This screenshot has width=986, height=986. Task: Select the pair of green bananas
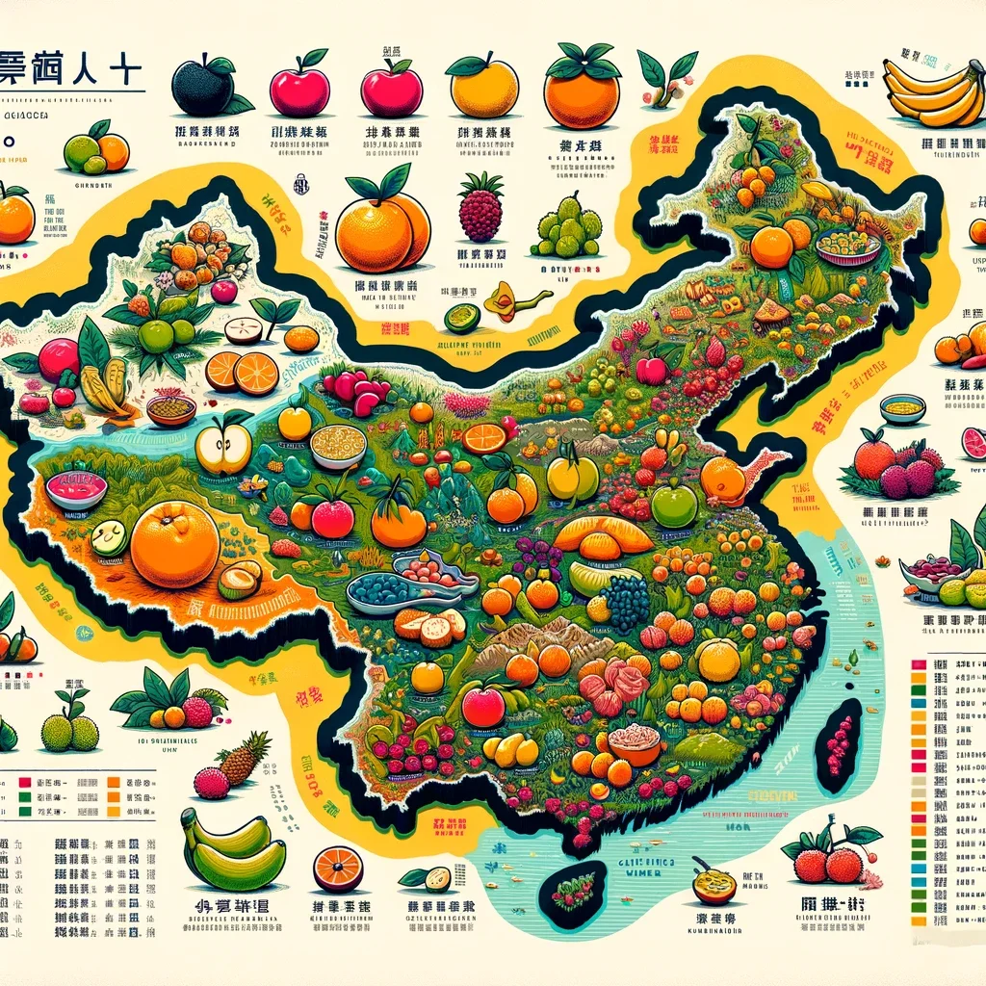tap(233, 851)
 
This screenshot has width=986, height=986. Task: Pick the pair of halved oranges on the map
tap(242, 372)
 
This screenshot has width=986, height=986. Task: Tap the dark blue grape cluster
tap(627, 601)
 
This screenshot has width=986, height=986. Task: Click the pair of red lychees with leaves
tap(828, 856)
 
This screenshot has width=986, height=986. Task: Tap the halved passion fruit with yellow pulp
tap(714, 884)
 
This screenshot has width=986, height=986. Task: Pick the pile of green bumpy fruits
tap(566, 227)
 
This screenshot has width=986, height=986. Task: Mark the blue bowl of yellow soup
tap(902, 409)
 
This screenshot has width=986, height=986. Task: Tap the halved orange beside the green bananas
tap(338, 868)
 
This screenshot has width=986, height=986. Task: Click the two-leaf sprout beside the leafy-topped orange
tap(666, 77)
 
